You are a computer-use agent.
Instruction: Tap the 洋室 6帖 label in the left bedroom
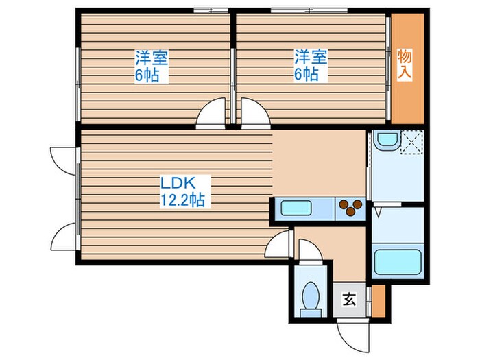click(152, 66)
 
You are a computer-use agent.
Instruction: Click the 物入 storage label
click(405, 64)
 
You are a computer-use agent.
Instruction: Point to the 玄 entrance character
click(349, 300)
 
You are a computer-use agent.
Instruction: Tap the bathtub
click(398, 262)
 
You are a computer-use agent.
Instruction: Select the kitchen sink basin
click(296, 208)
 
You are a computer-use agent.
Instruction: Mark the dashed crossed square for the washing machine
click(411, 142)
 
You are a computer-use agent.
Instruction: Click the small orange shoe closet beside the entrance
click(378, 301)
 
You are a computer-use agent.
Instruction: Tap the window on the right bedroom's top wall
click(309, 11)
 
